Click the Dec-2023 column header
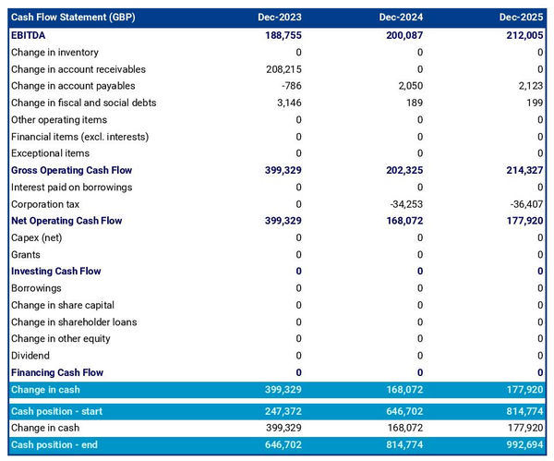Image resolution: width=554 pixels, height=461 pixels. (280, 18)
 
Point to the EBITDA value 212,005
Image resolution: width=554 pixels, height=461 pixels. (523, 35)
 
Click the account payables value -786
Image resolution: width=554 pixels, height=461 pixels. (289, 86)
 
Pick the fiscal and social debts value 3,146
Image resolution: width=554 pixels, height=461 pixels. (287, 103)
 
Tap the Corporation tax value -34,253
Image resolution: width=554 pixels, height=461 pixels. (403, 204)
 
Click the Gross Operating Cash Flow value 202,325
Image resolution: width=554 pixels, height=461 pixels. (402, 171)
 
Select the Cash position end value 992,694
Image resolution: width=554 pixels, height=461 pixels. (523, 445)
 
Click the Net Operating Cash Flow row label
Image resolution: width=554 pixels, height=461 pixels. (66, 221)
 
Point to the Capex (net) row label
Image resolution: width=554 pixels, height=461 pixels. (37, 237)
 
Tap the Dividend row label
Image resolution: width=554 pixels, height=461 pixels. (30, 356)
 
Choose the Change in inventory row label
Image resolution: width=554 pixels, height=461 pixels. (54, 53)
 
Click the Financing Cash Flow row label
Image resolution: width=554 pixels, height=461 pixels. (57, 372)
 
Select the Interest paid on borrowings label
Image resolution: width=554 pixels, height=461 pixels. (71, 188)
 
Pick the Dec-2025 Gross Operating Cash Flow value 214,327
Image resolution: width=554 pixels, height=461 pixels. (523, 171)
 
